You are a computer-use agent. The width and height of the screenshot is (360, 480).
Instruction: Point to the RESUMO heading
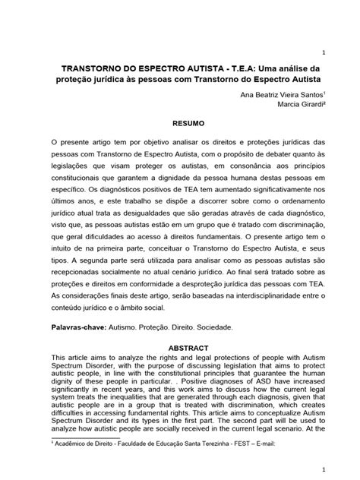(x=180, y=122)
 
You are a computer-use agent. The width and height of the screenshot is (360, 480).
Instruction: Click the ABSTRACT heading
(x=180, y=346)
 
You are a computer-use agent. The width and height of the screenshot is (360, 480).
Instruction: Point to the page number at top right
(x=325, y=52)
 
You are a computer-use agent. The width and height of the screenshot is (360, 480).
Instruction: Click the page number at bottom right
(x=325, y=470)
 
